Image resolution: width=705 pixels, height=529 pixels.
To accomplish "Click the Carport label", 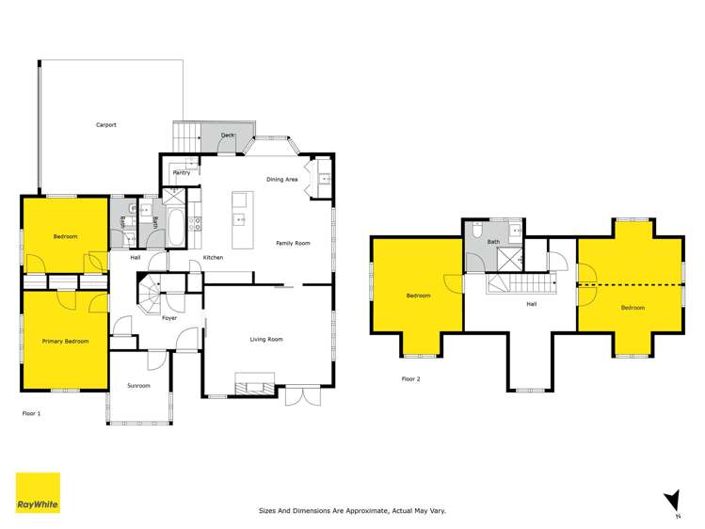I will point(105,125).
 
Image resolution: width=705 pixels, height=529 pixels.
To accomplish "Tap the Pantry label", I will point(182,172).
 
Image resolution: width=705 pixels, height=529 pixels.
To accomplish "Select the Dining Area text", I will point(282,179).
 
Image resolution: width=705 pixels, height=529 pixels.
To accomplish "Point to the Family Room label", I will point(293,243).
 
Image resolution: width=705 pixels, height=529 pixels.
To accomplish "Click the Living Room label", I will point(266,339).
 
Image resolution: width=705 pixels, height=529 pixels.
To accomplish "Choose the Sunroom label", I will point(138,386).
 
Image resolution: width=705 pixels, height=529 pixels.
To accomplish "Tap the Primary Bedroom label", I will point(65,341).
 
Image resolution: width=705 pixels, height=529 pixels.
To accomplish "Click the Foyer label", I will point(169,318).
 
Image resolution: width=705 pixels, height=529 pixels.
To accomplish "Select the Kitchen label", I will point(213,257).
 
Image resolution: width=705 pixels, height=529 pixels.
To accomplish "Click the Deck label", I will point(227,136).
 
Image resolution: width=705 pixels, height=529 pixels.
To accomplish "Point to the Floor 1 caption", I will point(31,413).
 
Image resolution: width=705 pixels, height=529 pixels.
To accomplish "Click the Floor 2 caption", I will point(410,378).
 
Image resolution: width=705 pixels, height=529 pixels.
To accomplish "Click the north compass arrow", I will point(670,500).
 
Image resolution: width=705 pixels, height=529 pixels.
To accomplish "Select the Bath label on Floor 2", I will point(493,242).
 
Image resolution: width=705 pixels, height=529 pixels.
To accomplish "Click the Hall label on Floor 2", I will point(531,303).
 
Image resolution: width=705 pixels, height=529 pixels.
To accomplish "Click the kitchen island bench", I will point(240,220).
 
